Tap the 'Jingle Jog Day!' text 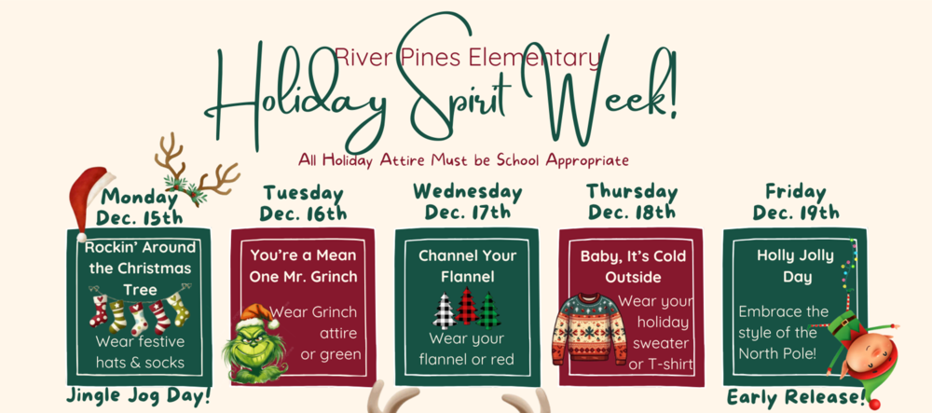(139, 395)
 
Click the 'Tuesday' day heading (304, 193)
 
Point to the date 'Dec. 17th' (468, 212)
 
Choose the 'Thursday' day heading (631, 191)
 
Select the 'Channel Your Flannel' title (467, 265)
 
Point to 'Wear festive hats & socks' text (140, 351)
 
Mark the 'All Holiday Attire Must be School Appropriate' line (463, 159)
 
